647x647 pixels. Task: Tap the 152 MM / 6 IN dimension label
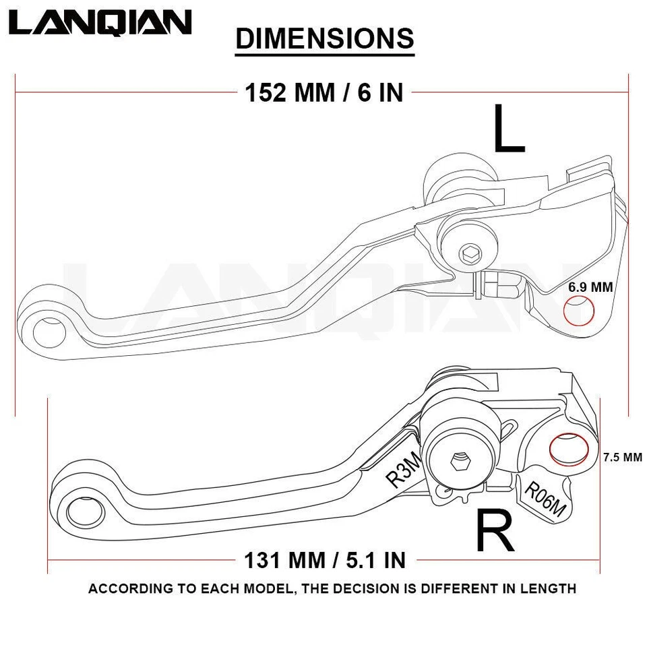pos(323,92)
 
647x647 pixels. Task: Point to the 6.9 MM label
pos(590,287)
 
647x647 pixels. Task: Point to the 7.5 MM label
pos(623,457)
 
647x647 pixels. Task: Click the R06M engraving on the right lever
pos(545,499)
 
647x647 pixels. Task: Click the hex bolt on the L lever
pos(469,255)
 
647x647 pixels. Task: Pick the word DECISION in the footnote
pos(369,588)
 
